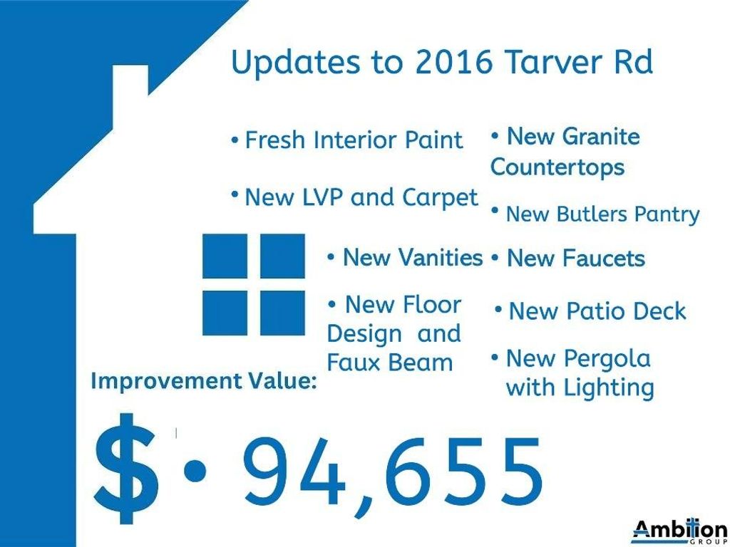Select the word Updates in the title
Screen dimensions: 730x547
296,63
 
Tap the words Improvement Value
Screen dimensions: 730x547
204,381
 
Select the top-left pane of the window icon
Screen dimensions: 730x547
225,256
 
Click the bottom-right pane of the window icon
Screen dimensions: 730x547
282,313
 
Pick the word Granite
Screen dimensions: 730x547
600,137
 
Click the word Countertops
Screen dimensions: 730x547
557,167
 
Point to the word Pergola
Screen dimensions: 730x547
607,359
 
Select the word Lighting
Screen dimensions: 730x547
609,388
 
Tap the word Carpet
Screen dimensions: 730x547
439,198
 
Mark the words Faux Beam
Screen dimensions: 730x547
390,363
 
